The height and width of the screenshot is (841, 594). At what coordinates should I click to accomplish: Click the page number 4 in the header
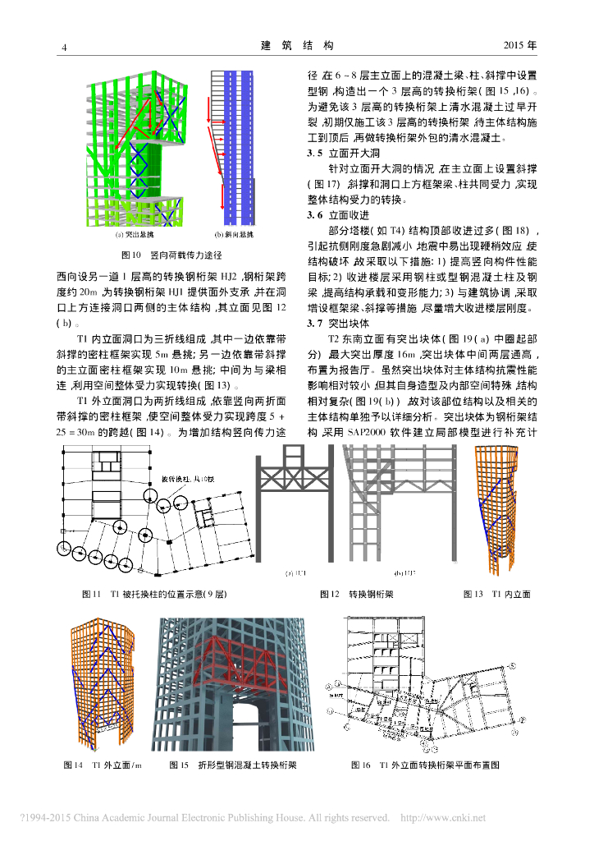click(65, 46)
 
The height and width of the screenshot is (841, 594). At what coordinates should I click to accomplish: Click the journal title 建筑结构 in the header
click(296, 45)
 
